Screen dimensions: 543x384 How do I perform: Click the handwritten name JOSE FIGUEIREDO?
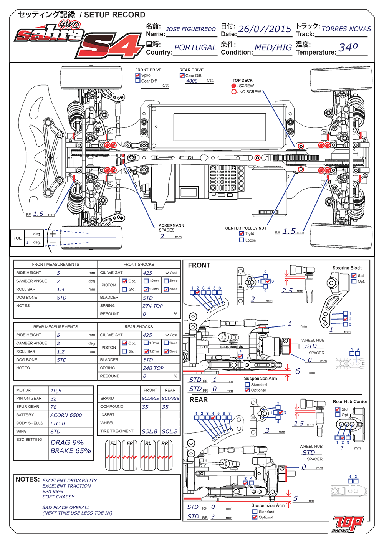tap(191, 29)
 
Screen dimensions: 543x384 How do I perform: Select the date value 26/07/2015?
tap(265, 29)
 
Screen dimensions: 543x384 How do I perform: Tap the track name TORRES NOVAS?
tap(346, 29)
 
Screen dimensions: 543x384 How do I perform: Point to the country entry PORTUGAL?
tap(195, 48)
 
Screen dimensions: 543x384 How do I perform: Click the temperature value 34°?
tap(348, 48)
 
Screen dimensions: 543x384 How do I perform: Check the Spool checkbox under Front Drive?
tap(138, 75)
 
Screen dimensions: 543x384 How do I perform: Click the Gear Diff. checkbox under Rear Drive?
tap(182, 76)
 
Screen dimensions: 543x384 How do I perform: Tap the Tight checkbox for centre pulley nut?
tap(242, 233)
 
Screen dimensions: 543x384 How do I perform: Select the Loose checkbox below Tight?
tap(242, 240)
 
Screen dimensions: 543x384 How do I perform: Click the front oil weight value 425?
tap(148, 273)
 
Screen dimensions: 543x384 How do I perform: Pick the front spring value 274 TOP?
tap(152, 306)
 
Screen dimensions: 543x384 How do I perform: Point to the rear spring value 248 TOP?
tap(153, 368)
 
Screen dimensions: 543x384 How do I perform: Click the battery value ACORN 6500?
tap(66, 415)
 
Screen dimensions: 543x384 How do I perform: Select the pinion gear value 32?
tap(54, 399)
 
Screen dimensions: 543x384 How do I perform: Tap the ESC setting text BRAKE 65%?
tap(71, 451)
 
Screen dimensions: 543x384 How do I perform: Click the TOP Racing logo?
tap(348, 524)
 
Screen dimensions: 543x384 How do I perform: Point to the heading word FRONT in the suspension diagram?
tap(199, 265)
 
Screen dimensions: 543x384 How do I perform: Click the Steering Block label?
tap(347, 268)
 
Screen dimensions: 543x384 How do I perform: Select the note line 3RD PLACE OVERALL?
tap(66, 508)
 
